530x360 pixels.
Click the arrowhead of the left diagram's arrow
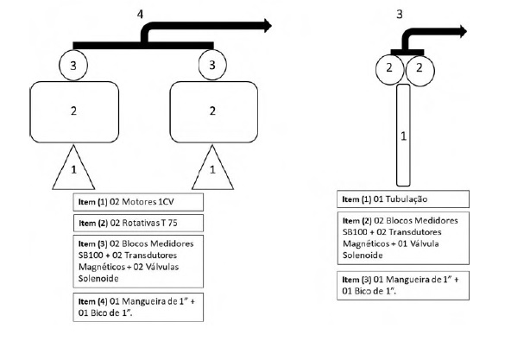click(x=268, y=26)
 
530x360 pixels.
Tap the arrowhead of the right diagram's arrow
click(x=463, y=32)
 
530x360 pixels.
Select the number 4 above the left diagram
click(x=140, y=14)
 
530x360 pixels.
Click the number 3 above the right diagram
click(x=400, y=14)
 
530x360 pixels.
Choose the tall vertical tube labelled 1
click(x=403, y=136)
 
